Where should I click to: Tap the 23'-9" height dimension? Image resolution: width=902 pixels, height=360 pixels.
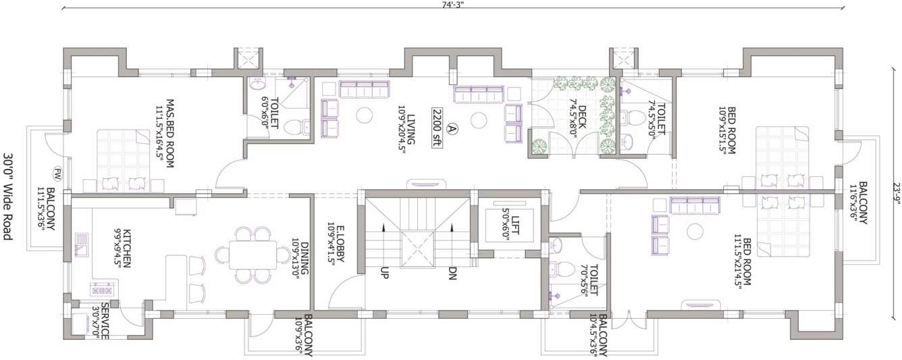894,186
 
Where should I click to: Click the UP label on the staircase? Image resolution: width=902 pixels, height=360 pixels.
383,274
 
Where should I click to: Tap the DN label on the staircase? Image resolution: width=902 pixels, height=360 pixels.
452,274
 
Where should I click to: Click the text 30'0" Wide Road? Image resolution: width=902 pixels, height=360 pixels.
8,197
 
